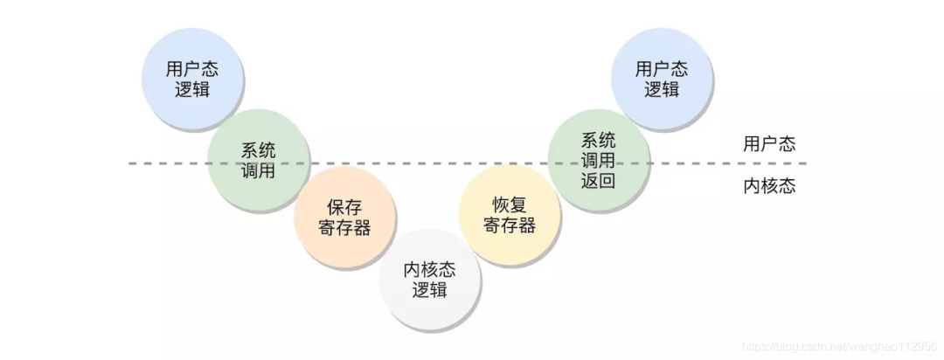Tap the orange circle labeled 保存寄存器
tap(344, 218)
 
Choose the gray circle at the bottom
tap(430, 280)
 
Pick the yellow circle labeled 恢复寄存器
tap(510, 215)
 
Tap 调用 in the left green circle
tap(258, 170)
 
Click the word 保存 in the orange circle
tap(344, 208)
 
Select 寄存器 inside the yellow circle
tap(510, 225)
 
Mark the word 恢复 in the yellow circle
tap(510, 205)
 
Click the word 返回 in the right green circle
tap(599, 181)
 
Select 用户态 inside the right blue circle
tap(662, 69)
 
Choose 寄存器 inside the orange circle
tap(344, 228)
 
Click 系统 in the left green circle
tap(258, 150)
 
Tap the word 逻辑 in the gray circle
tap(430, 290)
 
